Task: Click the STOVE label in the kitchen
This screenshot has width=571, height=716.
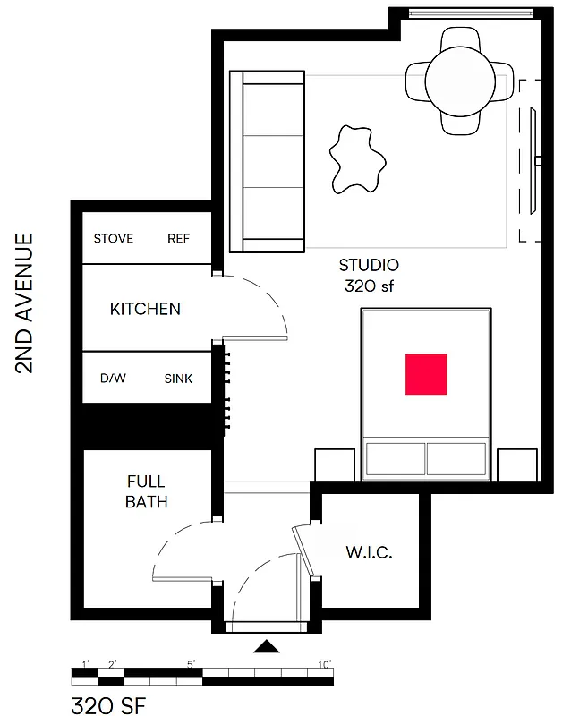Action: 114,239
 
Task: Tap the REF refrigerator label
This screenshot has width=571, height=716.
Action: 178,239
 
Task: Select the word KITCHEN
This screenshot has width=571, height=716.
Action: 145,309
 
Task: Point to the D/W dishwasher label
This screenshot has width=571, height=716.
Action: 113,379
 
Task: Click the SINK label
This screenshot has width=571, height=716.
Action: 178,379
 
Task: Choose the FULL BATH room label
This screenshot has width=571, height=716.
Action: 146,492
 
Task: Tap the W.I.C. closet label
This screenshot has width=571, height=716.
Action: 369,552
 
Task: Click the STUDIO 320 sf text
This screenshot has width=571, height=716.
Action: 369,276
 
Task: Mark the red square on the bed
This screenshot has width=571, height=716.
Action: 426,374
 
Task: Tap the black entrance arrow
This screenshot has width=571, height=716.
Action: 267,646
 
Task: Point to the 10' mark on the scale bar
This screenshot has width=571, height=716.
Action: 324,664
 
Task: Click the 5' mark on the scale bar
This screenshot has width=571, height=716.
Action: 192,664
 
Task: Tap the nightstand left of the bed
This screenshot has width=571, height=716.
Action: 335,465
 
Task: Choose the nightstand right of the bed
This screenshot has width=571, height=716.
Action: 516,465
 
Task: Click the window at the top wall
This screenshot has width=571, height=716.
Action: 469,13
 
